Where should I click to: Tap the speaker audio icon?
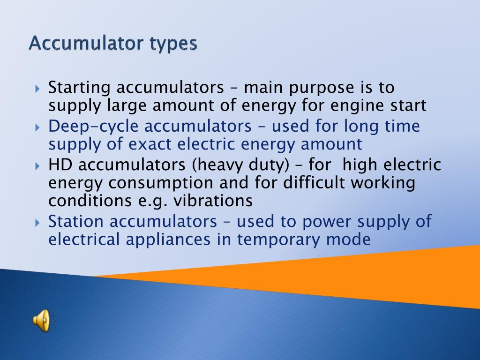(41, 321)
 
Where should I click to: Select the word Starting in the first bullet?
(80, 88)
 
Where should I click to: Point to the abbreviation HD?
(59, 165)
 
